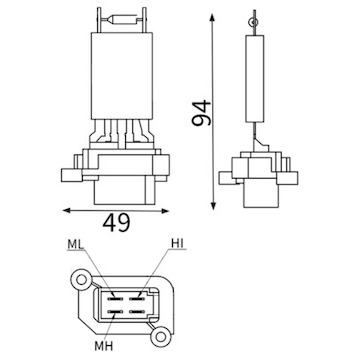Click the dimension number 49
pyautogui.click(x=116, y=223)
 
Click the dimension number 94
pyautogui.click(x=202, y=113)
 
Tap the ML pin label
pyautogui.click(x=76, y=244)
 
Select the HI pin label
pyautogui.click(x=178, y=244)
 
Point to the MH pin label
pyautogui.click(x=104, y=346)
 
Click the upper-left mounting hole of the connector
pyautogui.click(x=81, y=279)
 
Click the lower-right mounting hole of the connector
pyautogui.click(x=161, y=336)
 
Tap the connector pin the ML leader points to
pyautogui.click(x=115, y=298)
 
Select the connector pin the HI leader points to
pyautogui.click(x=136, y=298)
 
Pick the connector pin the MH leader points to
pyautogui.click(x=115, y=312)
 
